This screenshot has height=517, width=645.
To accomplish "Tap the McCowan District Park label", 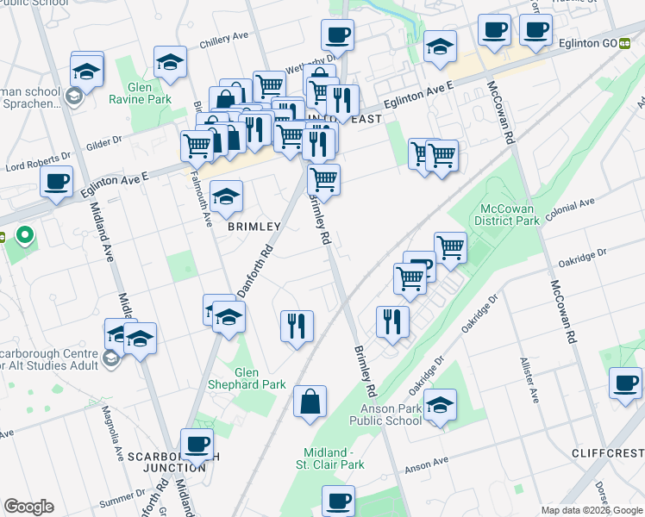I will (x=507, y=215).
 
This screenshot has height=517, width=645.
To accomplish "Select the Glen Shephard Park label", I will (x=247, y=378).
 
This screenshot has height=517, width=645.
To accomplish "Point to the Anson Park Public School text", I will (x=385, y=414).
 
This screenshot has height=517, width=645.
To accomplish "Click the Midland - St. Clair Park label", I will (x=335, y=458).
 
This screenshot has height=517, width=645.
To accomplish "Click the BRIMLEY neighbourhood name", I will (x=254, y=227).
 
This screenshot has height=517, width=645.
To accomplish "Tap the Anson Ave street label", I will (x=427, y=466).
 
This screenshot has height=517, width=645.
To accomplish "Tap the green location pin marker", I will (x=25, y=234).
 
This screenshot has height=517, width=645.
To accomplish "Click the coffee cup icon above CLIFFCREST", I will (x=625, y=383).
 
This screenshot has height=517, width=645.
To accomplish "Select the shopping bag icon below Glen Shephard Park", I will (x=310, y=402).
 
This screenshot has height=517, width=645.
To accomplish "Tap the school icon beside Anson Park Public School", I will (x=440, y=403).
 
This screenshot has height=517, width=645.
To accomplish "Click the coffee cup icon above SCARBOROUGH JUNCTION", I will (x=197, y=444).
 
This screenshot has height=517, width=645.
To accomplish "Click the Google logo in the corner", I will (x=29, y=507).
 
